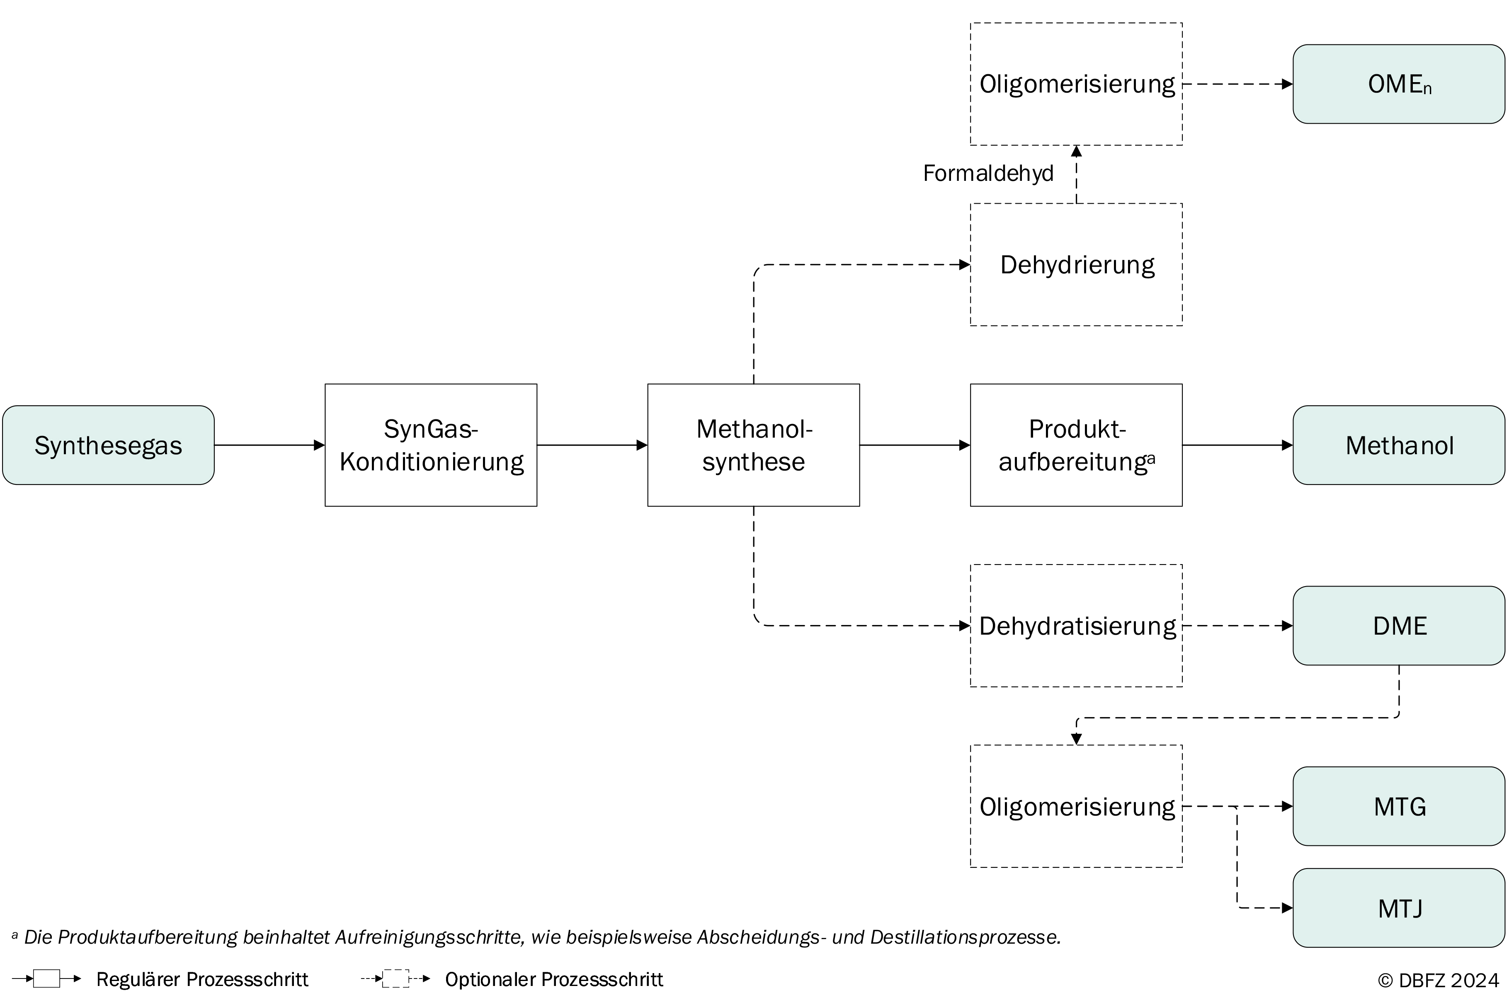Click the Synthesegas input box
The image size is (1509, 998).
(108, 445)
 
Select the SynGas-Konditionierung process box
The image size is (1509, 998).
(431, 445)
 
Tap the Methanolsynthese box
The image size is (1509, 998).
(753, 445)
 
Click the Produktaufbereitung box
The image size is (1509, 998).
(1076, 445)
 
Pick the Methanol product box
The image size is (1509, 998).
(1399, 445)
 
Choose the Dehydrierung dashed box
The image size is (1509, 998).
(1076, 264)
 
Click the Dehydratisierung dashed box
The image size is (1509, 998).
(1076, 626)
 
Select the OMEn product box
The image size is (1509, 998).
(1399, 84)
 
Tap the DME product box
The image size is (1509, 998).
(1399, 626)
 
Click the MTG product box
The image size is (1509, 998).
(1399, 806)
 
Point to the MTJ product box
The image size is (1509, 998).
(1399, 908)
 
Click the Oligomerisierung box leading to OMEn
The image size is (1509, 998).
(1076, 84)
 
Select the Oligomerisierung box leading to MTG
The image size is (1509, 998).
(1076, 806)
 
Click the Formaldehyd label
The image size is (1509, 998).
(988, 173)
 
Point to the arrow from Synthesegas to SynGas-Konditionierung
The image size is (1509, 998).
(270, 445)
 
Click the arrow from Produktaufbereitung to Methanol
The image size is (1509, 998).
(1237, 445)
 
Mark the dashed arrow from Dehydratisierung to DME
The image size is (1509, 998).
(1237, 626)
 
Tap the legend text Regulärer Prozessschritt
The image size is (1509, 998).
(202, 979)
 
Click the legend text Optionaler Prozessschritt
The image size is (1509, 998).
(554, 979)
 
